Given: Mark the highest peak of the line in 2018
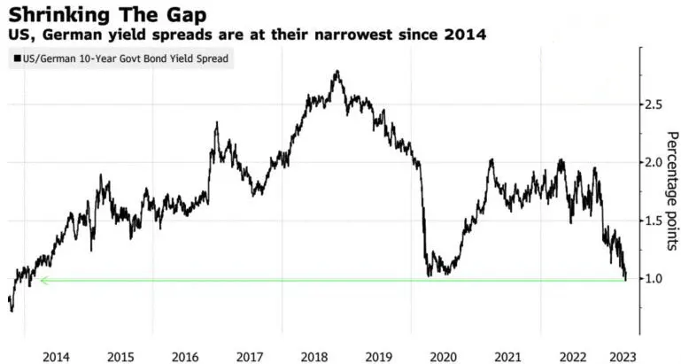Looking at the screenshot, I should pos(337,72).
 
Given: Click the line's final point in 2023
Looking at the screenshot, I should pos(625,279).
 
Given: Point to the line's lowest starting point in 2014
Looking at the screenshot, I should pos(12,311).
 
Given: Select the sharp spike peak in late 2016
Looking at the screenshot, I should pos(216,124).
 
